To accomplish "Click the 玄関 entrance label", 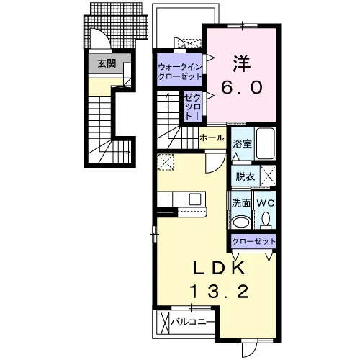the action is [107, 63].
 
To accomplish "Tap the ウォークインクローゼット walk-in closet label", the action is [180, 71].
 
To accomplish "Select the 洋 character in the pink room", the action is [242, 64].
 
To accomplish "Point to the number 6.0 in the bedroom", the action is [242, 87].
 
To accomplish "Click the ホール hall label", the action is [212, 138].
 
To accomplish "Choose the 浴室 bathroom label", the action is [243, 143].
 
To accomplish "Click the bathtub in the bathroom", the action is [266, 143].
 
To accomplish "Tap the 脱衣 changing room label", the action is [245, 176].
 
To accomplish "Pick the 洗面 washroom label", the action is [241, 203].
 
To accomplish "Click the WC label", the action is [266, 203].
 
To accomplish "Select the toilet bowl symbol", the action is [266, 220].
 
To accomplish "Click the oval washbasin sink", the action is [241, 222].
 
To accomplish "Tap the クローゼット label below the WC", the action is [254, 241].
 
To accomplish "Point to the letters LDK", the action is [220, 269].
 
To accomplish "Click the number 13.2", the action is [219, 292].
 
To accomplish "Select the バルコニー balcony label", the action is [192, 323].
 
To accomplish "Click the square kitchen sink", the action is [195, 199].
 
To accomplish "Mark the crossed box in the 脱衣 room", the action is [269, 176].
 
